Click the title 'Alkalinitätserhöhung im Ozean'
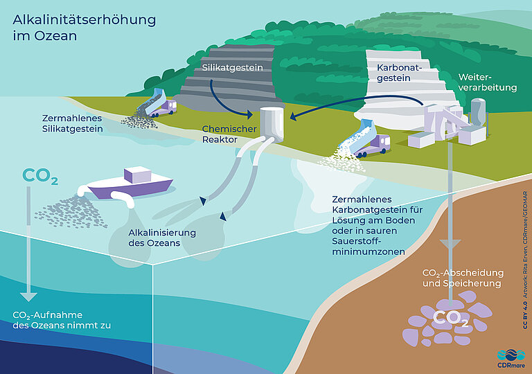pyautogui.click(x=84, y=26)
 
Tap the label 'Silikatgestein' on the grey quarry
pyautogui.click(x=234, y=68)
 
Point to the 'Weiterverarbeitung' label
pyautogui.click(x=488, y=82)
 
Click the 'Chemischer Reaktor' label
pyautogui.click(x=230, y=134)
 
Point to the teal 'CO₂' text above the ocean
pyautogui.click(x=40, y=177)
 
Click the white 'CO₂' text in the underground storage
pyautogui.click(x=451, y=319)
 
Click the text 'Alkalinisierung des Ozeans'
pyautogui.click(x=162, y=237)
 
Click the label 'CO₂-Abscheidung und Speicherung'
pyautogui.click(x=462, y=278)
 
